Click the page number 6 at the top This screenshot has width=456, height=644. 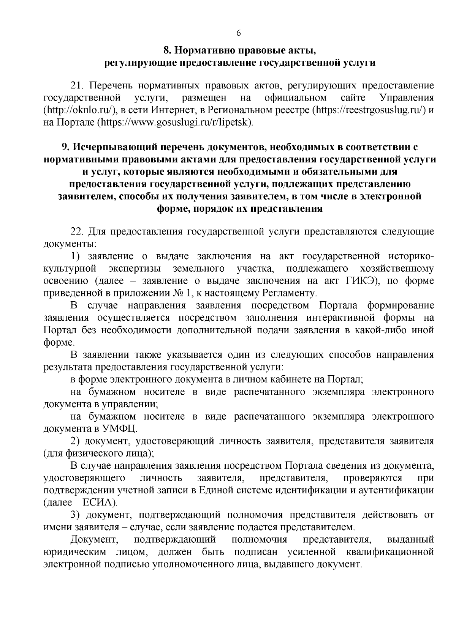pyautogui.click(x=239, y=33)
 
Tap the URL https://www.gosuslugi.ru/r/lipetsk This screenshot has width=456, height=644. pyautogui.click(x=175, y=123)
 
